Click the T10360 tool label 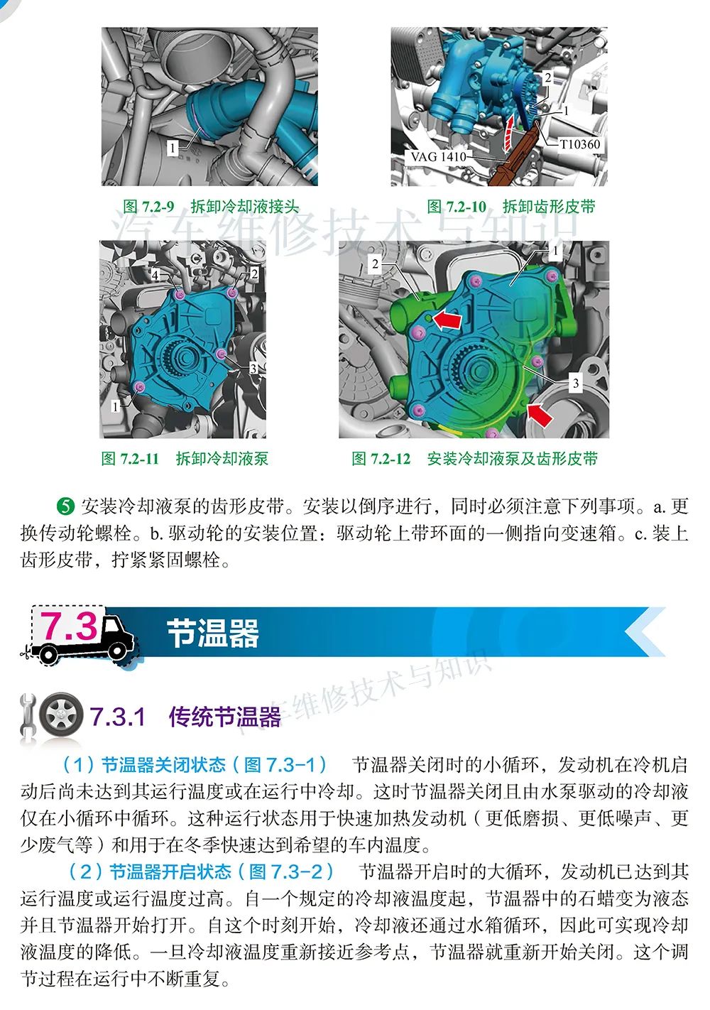click(x=579, y=144)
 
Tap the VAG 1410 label click(x=438, y=157)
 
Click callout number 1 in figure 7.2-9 click(x=172, y=148)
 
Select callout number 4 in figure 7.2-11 click(x=155, y=274)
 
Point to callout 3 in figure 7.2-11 click(x=253, y=369)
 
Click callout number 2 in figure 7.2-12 click(x=375, y=264)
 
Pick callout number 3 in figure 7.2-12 click(x=575, y=384)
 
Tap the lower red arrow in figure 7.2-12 click(x=540, y=414)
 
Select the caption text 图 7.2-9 click(x=149, y=207)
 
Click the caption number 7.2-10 click(x=466, y=207)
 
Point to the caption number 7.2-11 click(x=139, y=459)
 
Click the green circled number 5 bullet click(x=65, y=506)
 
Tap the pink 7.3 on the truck click(x=69, y=626)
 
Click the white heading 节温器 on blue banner click(x=213, y=633)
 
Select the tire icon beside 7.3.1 click(x=60, y=715)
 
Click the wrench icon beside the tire click(x=28, y=717)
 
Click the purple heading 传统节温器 click(x=225, y=717)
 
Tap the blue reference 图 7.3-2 click(x=286, y=871)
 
